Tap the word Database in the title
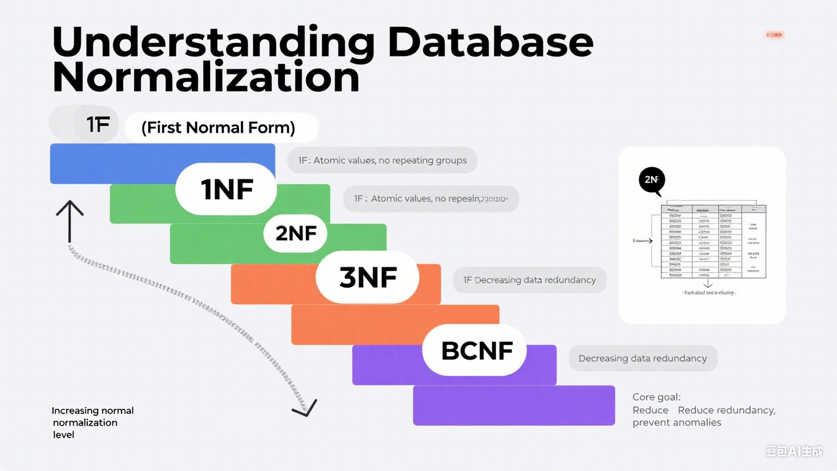[x=491, y=42]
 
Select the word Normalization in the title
[x=206, y=78]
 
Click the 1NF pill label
[x=227, y=190]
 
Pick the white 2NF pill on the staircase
[x=296, y=234]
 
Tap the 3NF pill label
[x=367, y=278]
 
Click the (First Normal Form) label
[x=219, y=127]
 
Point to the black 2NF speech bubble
[x=651, y=180]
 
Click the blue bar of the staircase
[x=110, y=163]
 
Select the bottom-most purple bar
[x=514, y=405]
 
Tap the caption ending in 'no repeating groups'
[x=382, y=160]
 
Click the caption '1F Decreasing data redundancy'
[x=529, y=280]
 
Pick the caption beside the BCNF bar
[x=642, y=358]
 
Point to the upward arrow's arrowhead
[x=70, y=206]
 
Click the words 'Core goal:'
[x=656, y=397]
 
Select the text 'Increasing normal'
[x=92, y=411]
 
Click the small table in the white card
[x=713, y=241]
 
